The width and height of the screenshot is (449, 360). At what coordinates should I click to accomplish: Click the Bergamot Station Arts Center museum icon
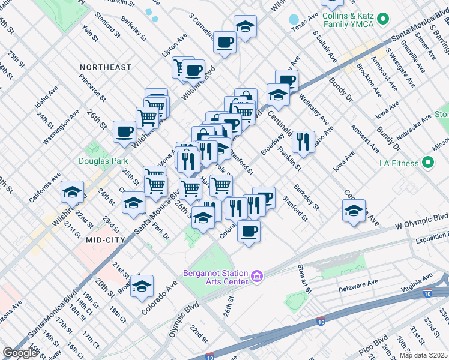256,276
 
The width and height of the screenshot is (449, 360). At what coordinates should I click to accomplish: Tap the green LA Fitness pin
427,162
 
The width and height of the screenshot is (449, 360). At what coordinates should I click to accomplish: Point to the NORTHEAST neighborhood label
106,67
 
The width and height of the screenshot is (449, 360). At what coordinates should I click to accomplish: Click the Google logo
20,353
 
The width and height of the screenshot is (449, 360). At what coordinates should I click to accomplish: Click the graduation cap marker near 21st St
72,192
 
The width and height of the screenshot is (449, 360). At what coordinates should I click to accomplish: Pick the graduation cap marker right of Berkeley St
354,210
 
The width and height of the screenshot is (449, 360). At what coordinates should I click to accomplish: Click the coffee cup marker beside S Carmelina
225,42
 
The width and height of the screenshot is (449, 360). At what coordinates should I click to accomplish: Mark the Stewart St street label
305,277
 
